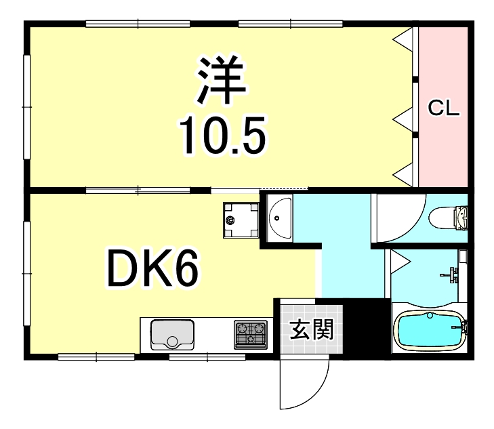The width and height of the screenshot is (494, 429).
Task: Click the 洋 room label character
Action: coord(221,80)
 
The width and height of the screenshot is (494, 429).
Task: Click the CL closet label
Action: coord(444,107)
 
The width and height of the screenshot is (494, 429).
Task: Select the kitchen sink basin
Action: coord(172,334)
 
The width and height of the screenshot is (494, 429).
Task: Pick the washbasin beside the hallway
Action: coord(279,218)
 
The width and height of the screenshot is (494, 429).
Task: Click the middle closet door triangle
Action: coord(405,120)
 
